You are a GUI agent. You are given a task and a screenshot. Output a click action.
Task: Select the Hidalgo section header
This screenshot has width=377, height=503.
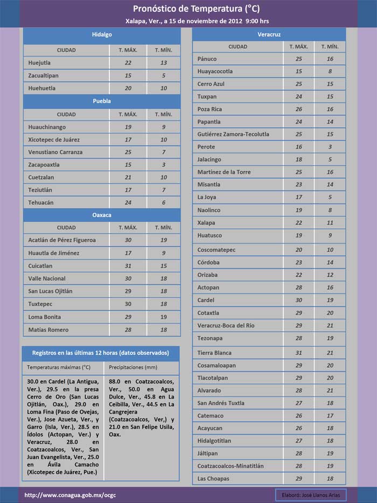click(x=102, y=34)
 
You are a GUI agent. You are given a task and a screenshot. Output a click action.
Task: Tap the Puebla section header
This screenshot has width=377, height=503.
click(x=102, y=101)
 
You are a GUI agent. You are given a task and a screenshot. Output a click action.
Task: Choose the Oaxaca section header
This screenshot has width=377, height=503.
click(x=102, y=215)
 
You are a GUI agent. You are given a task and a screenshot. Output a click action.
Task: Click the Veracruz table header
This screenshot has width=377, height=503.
click(x=269, y=34)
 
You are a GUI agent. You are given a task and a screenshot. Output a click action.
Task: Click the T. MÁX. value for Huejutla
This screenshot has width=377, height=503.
click(x=128, y=63)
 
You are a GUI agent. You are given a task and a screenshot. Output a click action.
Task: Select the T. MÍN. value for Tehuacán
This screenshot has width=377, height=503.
click(x=164, y=202)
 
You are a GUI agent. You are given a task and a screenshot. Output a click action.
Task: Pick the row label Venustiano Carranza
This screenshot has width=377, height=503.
click(x=55, y=152)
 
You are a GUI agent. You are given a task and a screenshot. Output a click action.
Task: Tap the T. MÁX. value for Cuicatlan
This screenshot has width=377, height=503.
click(x=128, y=266)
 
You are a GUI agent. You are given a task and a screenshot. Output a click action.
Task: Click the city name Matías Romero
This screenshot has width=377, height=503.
click(x=48, y=330)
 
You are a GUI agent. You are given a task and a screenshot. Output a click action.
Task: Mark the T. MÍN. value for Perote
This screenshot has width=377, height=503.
click(x=330, y=147)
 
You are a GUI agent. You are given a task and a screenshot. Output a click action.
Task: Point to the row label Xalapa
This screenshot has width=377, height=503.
click(x=206, y=223)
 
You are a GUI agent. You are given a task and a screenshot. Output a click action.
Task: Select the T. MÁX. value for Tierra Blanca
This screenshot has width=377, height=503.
click(x=299, y=353)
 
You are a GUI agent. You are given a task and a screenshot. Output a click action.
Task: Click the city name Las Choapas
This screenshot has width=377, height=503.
click(x=213, y=479)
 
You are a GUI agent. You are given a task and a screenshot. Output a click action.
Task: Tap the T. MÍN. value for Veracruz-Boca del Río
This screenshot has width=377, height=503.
click(x=330, y=326)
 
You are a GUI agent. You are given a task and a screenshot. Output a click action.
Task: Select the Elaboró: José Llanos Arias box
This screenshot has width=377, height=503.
click(x=310, y=495)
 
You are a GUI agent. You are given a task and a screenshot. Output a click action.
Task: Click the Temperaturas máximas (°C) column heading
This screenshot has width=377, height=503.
click(x=59, y=367)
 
